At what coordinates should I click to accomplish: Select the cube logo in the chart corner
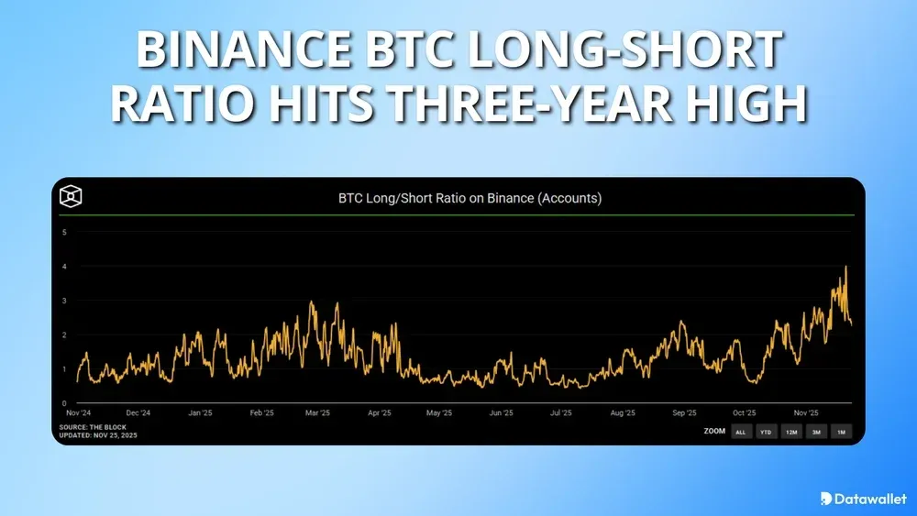tap(72, 197)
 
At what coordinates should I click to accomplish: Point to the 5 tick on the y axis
tap(64, 232)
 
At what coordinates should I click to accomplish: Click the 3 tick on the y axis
tap(64, 301)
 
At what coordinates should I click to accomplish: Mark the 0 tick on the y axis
tap(64, 403)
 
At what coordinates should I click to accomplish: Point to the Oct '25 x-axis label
tap(743, 414)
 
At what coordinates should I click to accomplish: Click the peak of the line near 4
tap(845, 268)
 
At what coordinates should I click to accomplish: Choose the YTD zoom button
tap(765, 432)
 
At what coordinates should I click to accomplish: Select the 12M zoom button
tap(790, 432)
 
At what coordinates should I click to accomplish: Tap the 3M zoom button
tap(815, 432)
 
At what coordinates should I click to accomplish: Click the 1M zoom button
tap(841, 432)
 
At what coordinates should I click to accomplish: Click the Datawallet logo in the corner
tap(860, 499)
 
